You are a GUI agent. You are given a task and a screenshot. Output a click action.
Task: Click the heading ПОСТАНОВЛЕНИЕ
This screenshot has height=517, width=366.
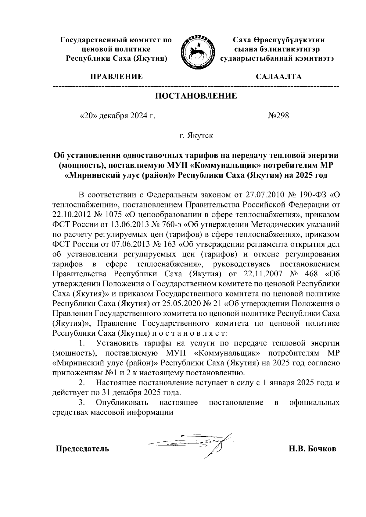(x=196, y=96)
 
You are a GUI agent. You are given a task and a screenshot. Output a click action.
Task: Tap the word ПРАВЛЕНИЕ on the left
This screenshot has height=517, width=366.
(x=116, y=76)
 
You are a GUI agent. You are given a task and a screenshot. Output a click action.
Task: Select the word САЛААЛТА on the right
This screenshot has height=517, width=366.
(x=279, y=76)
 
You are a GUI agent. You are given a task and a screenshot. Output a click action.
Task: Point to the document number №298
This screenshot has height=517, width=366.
(x=278, y=116)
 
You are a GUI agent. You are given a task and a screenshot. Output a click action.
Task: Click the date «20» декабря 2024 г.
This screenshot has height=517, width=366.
(x=117, y=116)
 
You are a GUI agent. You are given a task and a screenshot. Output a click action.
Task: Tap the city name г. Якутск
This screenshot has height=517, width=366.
(x=196, y=136)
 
